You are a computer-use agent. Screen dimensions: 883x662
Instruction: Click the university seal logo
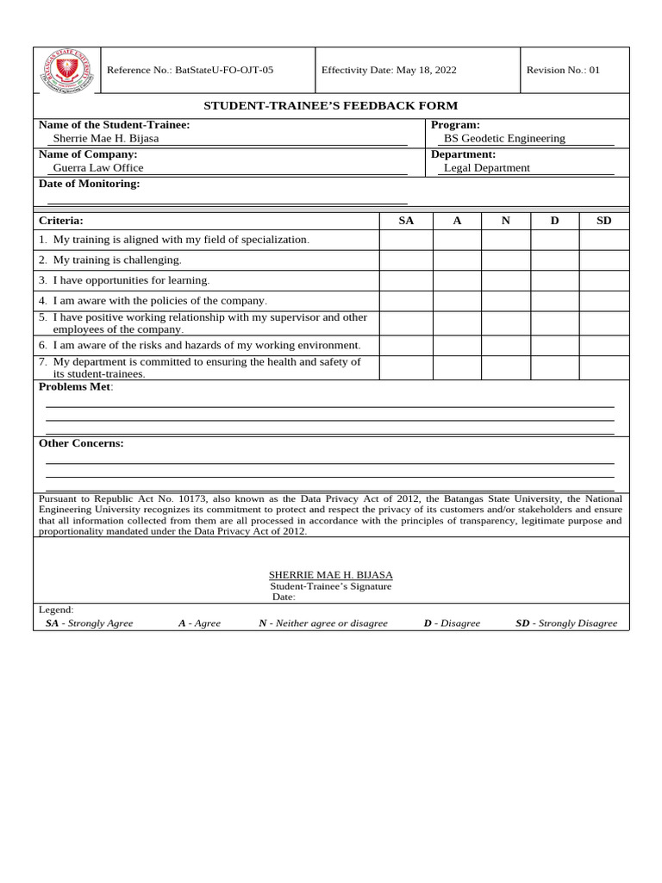click(x=66, y=70)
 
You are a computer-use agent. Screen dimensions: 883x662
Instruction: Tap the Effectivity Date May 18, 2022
click(x=389, y=70)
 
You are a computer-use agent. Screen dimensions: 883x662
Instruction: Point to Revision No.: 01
click(x=563, y=70)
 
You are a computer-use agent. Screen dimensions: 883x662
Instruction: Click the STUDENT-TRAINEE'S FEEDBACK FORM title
click(x=330, y=105)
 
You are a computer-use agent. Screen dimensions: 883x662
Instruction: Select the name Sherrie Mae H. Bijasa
click(x=106, y=138)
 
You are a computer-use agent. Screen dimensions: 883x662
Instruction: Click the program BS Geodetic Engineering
click(x=504, y=138)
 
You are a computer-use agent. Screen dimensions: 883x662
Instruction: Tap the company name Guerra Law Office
click(x=98, y=168)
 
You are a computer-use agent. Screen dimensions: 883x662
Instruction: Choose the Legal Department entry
click(x=487, y=168)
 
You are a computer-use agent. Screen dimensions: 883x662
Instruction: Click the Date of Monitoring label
click(x=89, y=184)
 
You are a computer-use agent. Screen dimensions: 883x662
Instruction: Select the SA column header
click(x=406, y=221)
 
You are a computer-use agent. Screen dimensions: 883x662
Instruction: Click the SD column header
click(x=604, y=221)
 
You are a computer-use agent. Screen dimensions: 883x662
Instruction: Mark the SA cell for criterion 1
click(x=406, y=240)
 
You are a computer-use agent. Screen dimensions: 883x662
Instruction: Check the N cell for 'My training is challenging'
click(x=506, y=260)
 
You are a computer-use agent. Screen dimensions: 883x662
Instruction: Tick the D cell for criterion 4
click(x=555, y=301)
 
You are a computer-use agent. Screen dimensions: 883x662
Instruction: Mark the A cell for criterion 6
click(x=457, y=346)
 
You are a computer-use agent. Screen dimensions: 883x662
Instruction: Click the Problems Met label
click(x=75, y=387)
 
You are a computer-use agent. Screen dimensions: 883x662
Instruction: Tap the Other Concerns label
click(x=81, y=443)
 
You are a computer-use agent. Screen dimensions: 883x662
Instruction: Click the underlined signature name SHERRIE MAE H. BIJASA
click(x=330, y=574)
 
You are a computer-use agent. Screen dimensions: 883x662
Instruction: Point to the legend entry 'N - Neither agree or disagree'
click(x=323, y=623)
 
